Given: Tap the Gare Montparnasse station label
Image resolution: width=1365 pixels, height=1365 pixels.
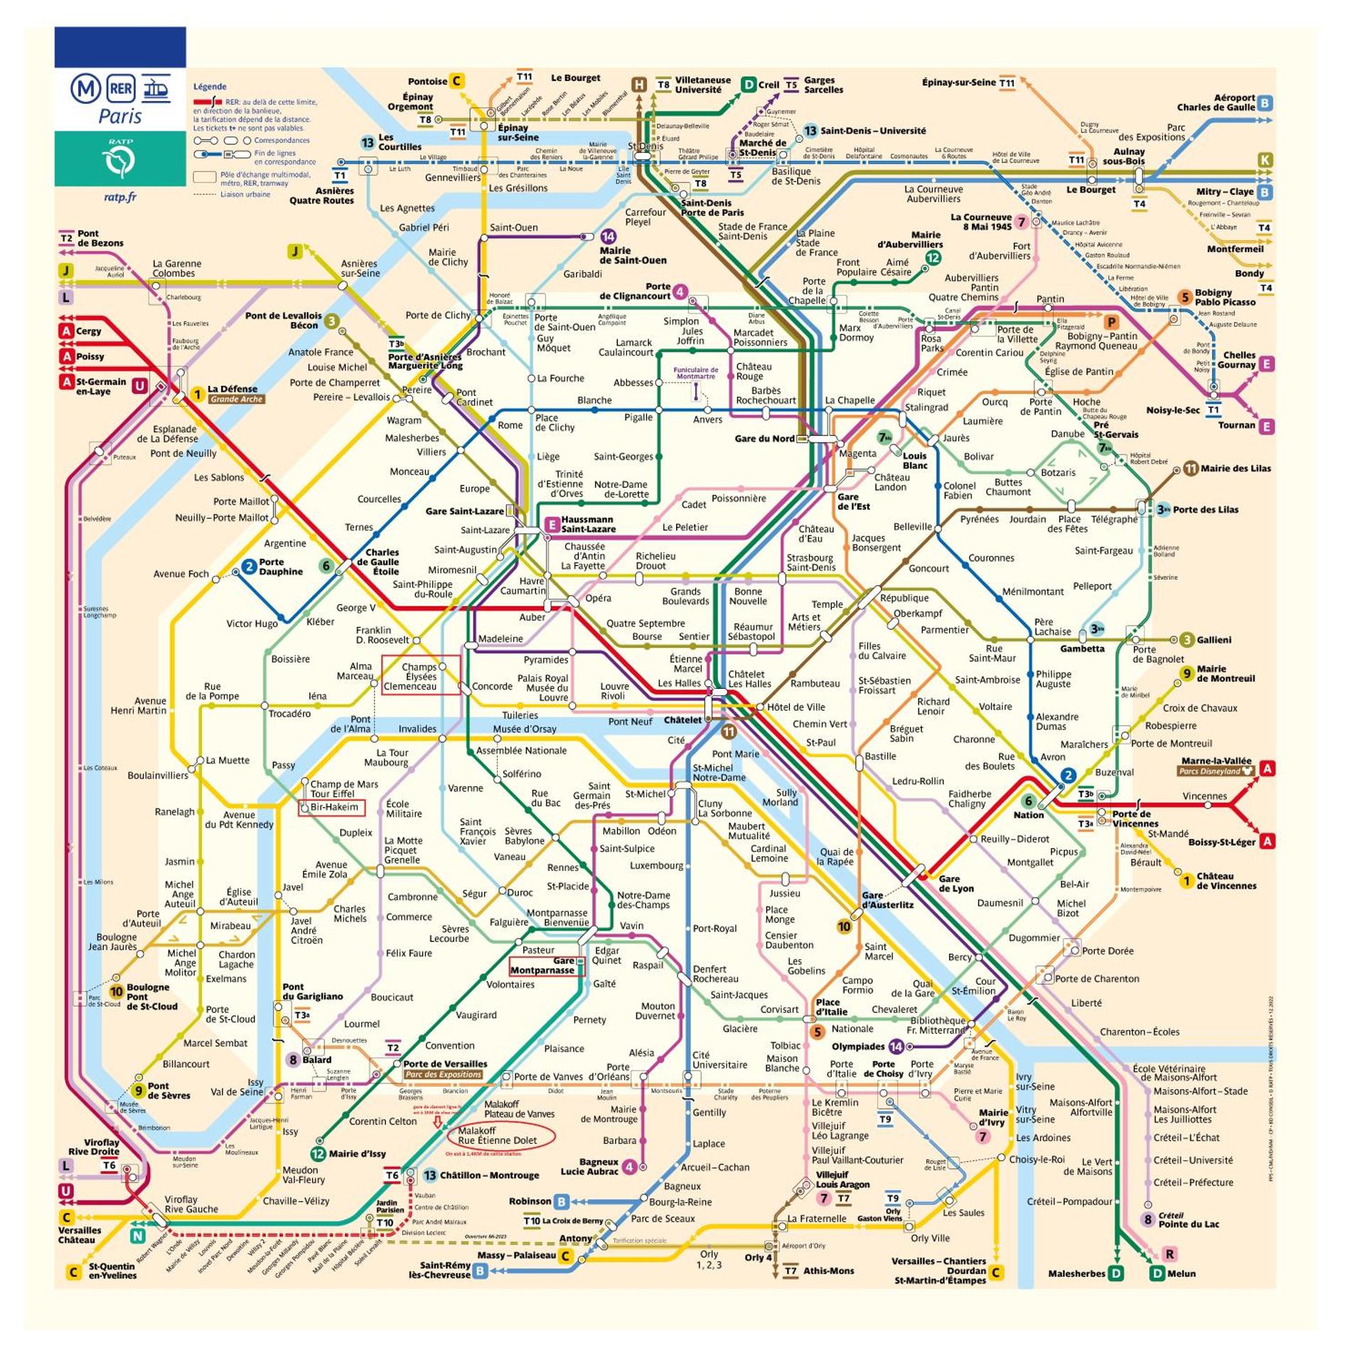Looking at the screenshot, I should click(x=542, y=965).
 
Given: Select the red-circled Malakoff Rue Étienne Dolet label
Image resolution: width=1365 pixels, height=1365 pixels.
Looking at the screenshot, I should click(x=497, y=1135).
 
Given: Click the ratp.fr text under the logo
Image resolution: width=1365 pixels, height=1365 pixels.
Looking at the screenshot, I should click(x=119, y=197).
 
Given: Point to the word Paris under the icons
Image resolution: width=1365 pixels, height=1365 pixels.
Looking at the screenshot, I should click(x=119, y=116).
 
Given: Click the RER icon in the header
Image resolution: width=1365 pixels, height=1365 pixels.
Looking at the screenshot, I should click(x=121, y=89).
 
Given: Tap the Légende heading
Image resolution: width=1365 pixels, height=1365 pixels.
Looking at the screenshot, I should click(x=210, y=87).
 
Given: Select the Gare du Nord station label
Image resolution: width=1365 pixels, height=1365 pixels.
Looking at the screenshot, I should click(x=764, y=439).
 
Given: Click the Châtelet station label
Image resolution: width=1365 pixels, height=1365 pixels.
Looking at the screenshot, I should click(x=682, y=719).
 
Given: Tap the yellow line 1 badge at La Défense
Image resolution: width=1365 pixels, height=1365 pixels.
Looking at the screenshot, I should click(x=198, y=394).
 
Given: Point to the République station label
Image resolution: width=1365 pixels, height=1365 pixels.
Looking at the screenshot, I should click(x=904, y=598).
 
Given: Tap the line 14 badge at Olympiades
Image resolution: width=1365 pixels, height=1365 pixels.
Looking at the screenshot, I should click(x=896, y=1046).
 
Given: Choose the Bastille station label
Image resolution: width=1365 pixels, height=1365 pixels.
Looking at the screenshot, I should click(x=879, y=756).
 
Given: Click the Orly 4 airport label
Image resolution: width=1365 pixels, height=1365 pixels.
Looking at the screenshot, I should click(x=758, y=1257).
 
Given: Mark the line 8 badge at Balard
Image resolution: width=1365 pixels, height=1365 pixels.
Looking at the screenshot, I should click(x=292, y=1059).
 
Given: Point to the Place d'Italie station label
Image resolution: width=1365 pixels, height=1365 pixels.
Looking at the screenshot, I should click(x=831, y=1007).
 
